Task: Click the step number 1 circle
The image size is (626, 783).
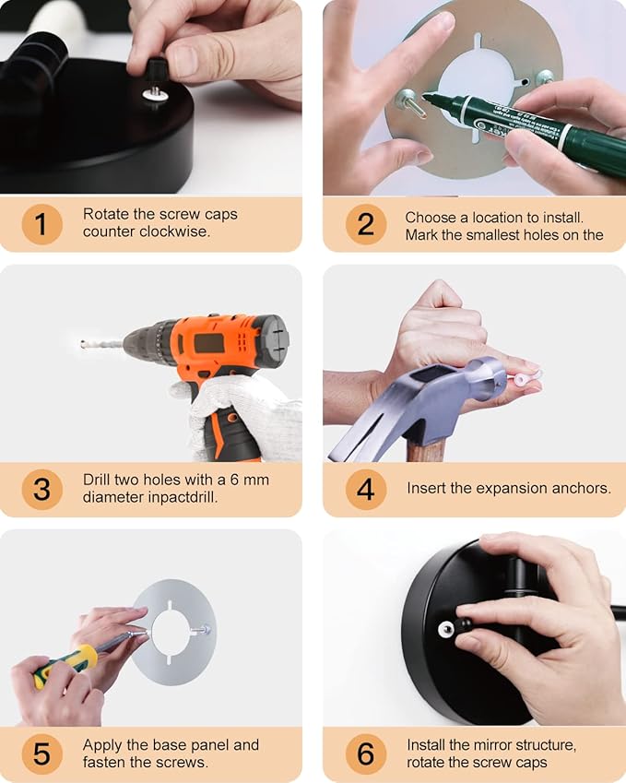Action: pos(41,224)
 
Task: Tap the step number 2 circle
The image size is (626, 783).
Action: pos(366,224)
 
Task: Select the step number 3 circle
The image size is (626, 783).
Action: pos(41,489)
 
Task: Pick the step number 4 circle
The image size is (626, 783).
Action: pos(366,489)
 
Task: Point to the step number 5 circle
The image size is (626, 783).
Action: pos(41,753)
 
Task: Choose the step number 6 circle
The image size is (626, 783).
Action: pos(366,753)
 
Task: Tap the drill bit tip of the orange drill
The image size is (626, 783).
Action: pos(82,344)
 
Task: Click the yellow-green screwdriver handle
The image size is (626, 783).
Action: pos(65,664)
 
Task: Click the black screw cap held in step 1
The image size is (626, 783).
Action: pos(156,73)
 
